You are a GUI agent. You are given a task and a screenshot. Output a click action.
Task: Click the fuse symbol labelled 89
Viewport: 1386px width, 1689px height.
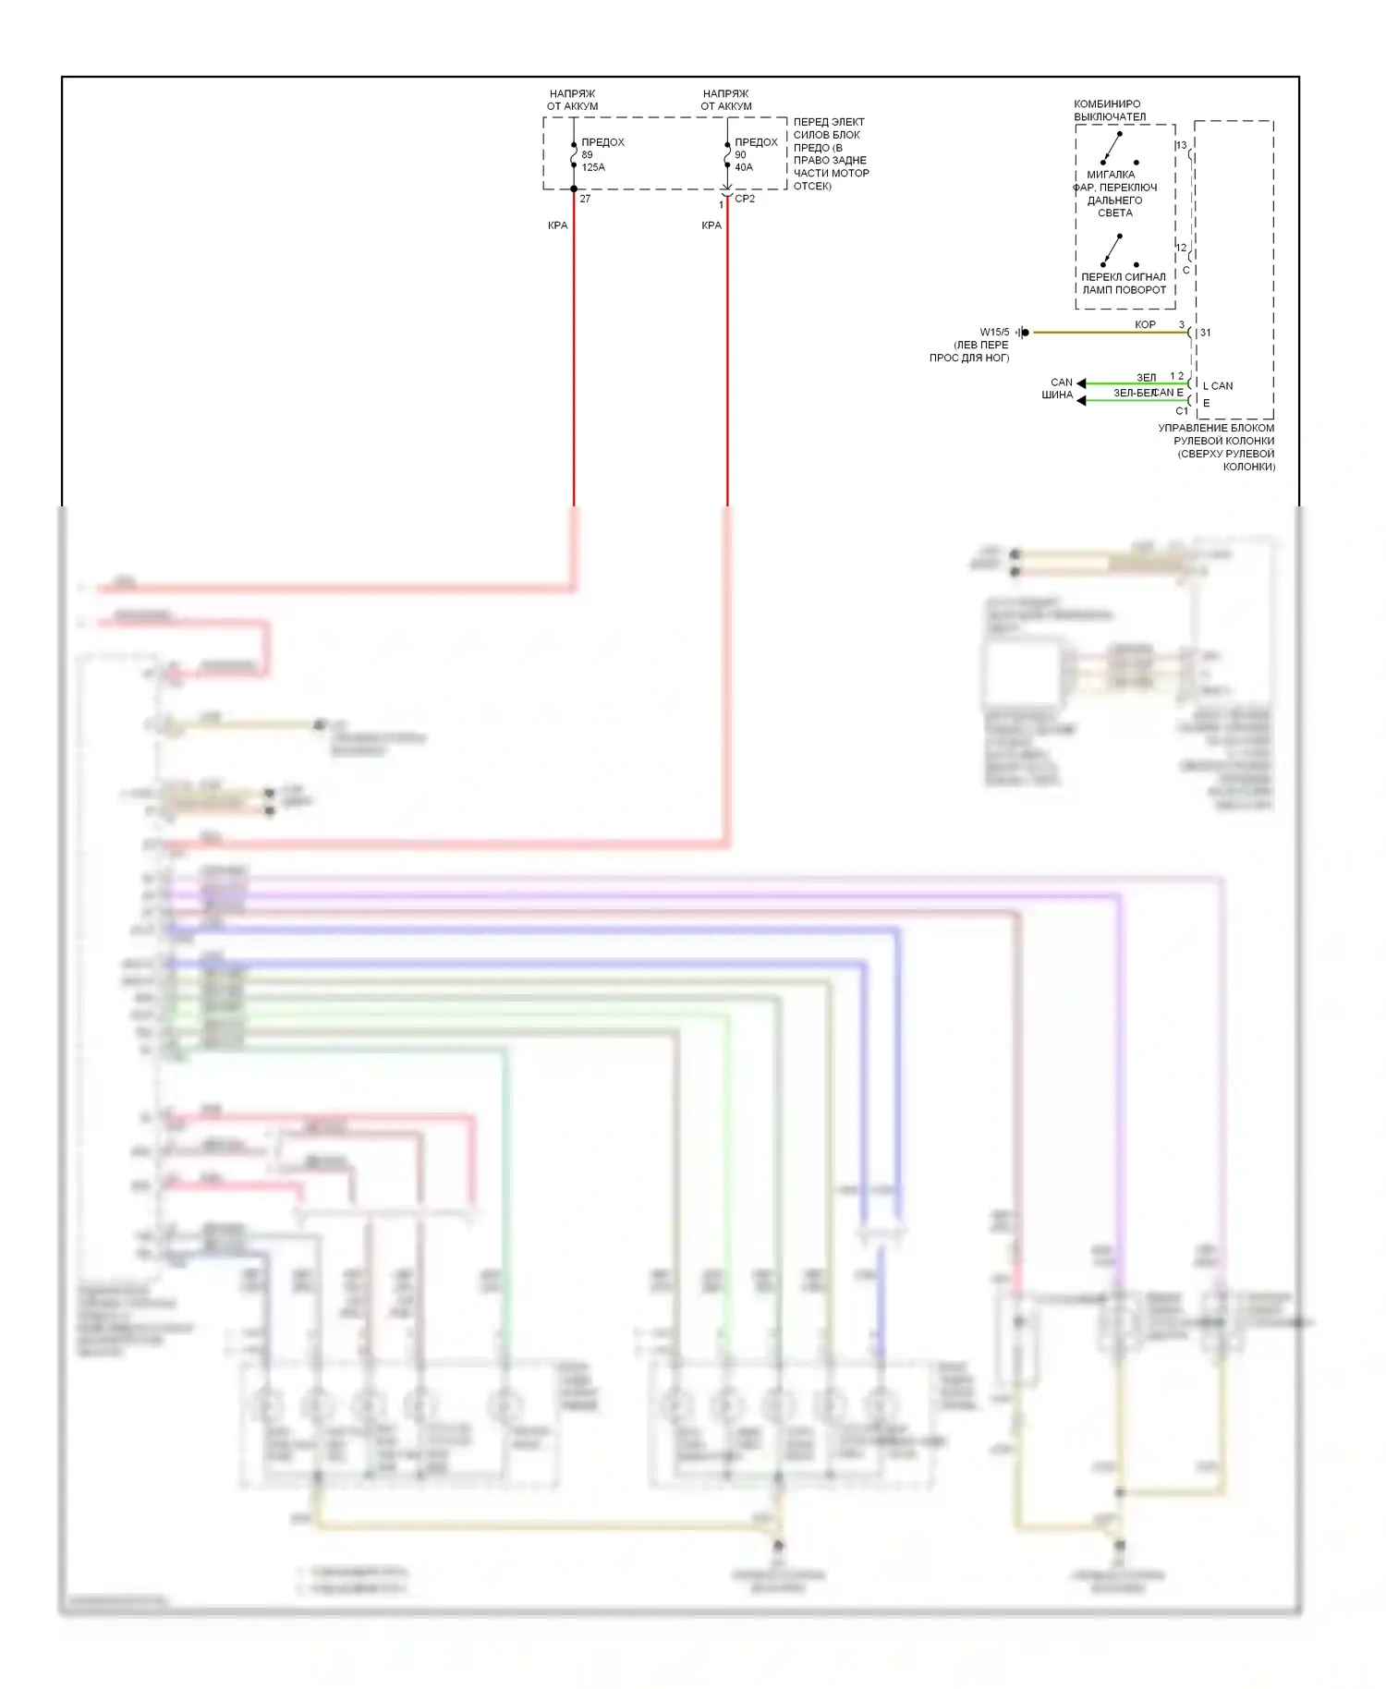[574, 155]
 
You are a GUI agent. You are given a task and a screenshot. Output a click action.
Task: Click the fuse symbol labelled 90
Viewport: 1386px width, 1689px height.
[727, 155]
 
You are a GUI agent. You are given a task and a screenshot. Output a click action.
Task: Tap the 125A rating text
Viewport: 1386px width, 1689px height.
[593, 167]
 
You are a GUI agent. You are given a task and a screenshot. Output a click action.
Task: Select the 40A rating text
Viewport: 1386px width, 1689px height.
[744, 167]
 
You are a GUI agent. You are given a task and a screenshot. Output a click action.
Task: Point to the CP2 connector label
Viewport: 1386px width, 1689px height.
[745, 199]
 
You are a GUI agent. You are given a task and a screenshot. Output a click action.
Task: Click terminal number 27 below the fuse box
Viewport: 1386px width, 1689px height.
[585, 199]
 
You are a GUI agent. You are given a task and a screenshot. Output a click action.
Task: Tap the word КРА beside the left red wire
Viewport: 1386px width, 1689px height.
[557, 225]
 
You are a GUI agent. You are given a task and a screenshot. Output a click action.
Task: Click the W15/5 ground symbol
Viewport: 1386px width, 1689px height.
[1022, 333]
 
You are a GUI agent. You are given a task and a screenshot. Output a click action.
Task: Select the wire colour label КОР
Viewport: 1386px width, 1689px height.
[1145, 324]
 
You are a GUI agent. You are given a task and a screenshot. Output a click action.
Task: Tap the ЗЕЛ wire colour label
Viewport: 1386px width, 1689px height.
[1146, 378]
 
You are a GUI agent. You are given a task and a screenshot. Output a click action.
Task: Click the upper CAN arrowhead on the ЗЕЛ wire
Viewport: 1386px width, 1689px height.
[1081, 383]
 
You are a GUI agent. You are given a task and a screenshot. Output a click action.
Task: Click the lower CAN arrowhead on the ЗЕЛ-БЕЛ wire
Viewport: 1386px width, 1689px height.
[1081, 400]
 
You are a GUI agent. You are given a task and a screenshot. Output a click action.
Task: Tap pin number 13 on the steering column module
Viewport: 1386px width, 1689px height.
[1181, 145]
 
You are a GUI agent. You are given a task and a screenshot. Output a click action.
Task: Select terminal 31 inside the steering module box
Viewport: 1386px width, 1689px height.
[1205, 333]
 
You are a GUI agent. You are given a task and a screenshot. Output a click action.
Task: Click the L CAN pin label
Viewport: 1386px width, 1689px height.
[1218, 386]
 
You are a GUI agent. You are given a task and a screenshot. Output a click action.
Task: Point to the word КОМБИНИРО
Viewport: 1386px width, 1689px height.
[1107, 104]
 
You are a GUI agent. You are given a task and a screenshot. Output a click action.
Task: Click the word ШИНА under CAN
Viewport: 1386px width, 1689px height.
[1057, 395]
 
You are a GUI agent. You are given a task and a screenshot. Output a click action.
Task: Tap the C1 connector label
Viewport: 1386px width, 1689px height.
[1182, 411]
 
